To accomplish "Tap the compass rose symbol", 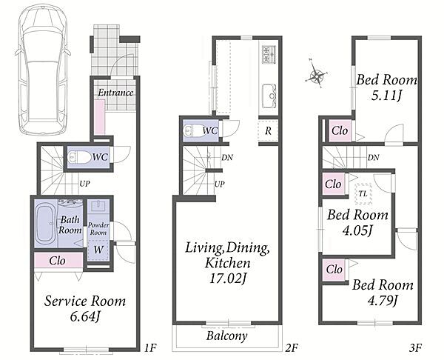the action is (317, 74).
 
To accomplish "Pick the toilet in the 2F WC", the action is (194, 130).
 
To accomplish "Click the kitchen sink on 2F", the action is (269, 96).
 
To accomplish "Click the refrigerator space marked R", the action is (268, 131).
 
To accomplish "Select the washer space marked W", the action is (98, 250).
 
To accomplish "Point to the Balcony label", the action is (227, 336).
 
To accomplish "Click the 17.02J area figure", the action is (227, 279).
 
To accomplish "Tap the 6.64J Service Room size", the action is (85, 316).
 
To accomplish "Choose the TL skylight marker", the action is (363, 194).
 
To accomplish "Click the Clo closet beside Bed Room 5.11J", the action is (340, 130).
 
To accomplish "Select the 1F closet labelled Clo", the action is (58, 260).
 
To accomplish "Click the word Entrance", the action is (115, 93).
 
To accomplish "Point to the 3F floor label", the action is (416, 347).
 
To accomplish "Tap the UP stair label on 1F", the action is (84, 184).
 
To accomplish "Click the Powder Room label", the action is (98, 229).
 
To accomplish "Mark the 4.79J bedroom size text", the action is (383, 301).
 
